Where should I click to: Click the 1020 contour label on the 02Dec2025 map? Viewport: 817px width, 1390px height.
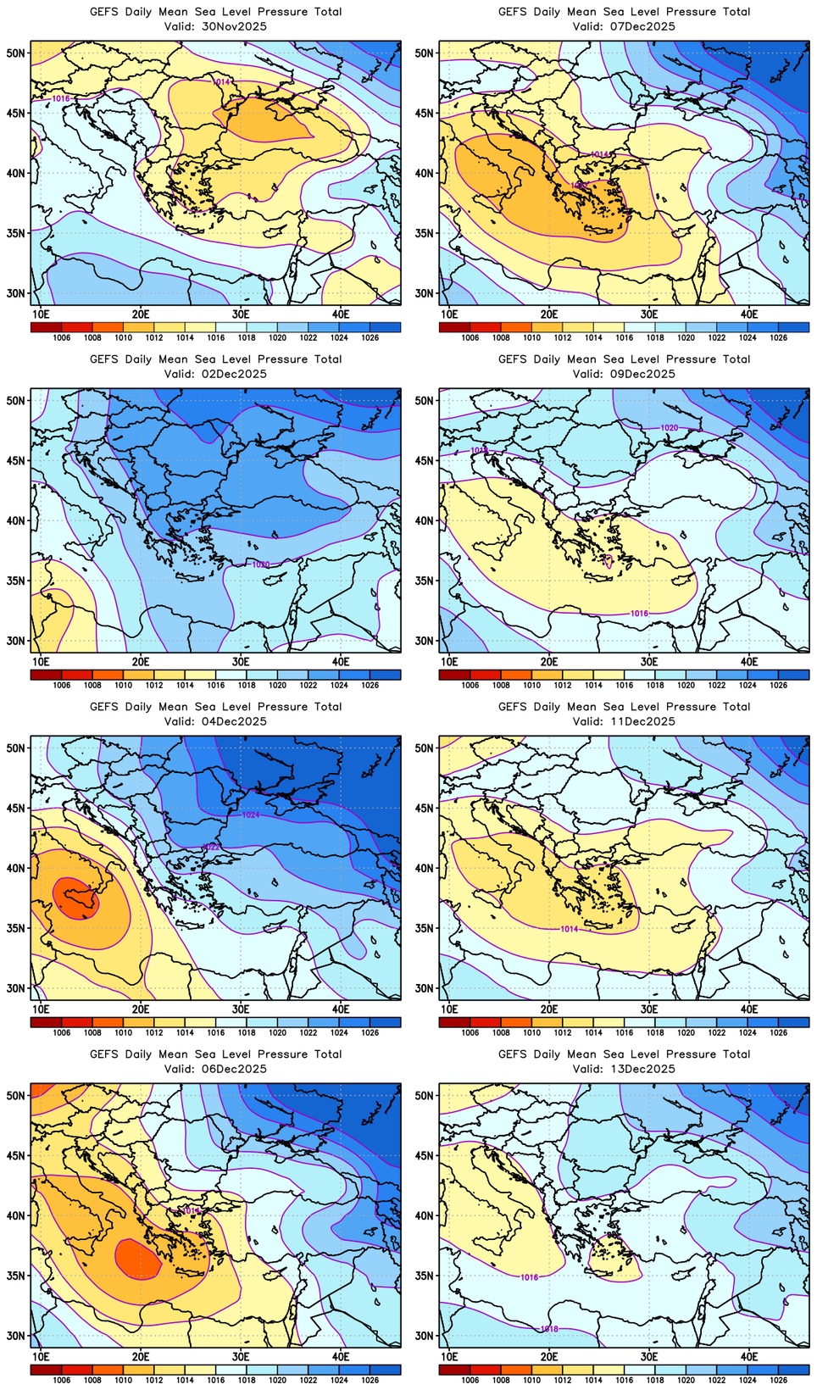[260, 564]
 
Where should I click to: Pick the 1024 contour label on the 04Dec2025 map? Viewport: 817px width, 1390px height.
[251, 815]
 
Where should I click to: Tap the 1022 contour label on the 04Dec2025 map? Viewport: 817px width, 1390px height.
[211, 847]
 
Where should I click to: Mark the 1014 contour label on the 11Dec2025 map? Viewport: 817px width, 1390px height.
[570, 929]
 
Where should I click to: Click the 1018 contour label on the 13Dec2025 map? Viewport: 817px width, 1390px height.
[549, 1329]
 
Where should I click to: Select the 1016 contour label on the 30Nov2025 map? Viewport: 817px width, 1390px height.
[61, 99]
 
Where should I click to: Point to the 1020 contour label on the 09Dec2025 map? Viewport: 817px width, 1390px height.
[670, 428]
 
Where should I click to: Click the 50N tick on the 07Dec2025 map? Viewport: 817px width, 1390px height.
[424, 53]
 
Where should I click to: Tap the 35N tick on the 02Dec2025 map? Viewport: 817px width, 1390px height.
[16, 581]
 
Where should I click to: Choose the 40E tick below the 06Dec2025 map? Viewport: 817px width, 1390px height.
[341, 1356]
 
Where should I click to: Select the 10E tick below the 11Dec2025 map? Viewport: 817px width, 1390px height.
[449, 1009]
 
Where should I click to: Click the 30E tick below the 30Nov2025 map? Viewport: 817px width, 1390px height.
[241, 314]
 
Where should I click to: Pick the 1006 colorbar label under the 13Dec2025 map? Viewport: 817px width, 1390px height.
[470, 1380]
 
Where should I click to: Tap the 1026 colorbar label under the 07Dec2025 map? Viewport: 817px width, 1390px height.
[778, 337]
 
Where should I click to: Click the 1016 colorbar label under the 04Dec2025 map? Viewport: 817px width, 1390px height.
[216, 1032]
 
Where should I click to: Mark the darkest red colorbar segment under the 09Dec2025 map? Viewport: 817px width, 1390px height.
[454, 675]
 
